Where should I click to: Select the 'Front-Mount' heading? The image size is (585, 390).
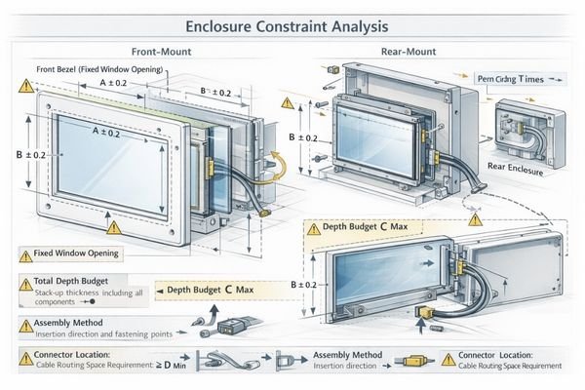[162, 52]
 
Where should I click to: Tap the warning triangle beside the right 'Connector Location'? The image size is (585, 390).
[448, 360]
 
